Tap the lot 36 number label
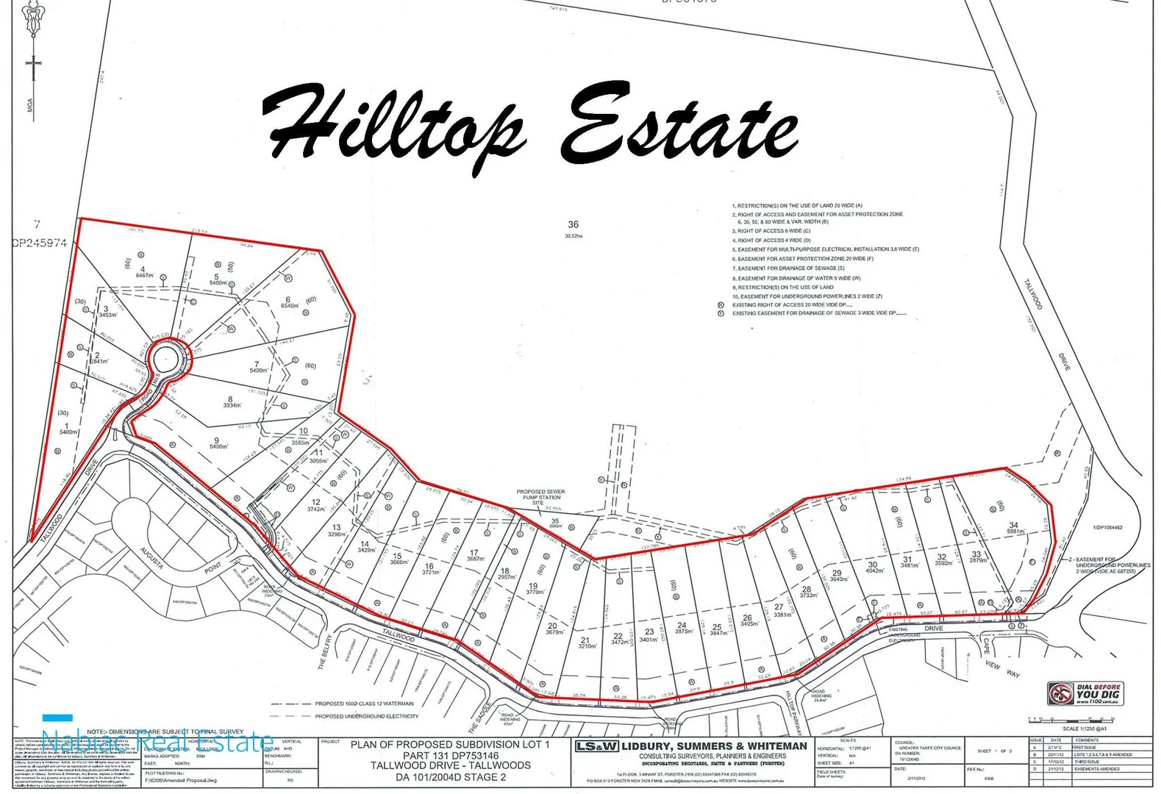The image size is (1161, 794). (573, 225)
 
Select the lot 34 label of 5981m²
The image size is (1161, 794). (1015, 527)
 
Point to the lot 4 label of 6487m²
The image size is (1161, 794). (143, 272)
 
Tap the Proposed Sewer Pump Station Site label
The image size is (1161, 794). (540, 497)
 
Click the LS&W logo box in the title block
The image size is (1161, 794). (596, 746)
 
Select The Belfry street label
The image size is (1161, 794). (326, 651)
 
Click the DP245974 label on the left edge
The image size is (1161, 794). (40, 243)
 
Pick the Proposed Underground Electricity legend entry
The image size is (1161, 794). (366, 716)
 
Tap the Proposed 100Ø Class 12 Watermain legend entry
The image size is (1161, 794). (364, 704)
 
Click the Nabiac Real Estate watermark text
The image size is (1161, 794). (157, 741)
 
